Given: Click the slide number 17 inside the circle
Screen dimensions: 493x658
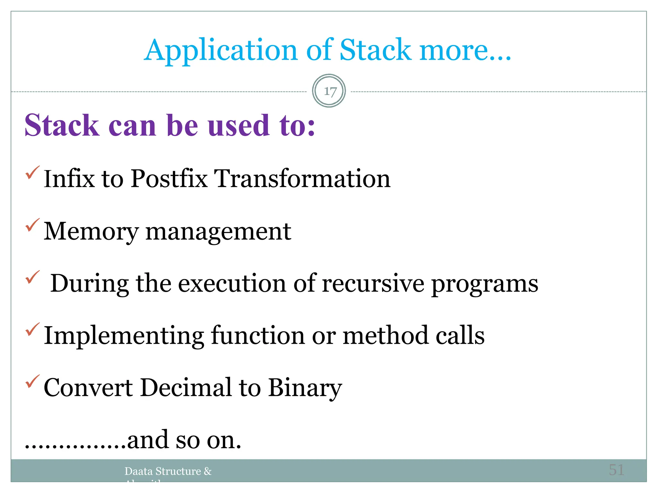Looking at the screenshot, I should coord(330,91).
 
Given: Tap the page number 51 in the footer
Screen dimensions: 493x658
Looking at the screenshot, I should coord(616,470).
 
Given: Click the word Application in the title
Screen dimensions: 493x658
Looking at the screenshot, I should coord(220,50).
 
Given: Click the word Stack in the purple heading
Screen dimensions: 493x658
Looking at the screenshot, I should coord(62,125).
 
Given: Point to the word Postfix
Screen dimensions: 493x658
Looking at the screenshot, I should coord(169,178).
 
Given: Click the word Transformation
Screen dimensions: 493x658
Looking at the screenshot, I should coord(302,178).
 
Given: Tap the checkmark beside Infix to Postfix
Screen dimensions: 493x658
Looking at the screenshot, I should coord(32,172).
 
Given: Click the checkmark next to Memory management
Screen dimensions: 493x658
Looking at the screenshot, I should coord(32,225).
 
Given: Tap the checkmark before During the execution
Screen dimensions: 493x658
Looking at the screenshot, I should coord(32,277).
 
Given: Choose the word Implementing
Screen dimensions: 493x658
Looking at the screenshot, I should coord(124,336).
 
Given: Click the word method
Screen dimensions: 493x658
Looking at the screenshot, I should coord(385,335).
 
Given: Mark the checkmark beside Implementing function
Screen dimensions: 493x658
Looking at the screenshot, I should coord(32,329).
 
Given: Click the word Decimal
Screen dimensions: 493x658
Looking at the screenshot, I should coord(186,387).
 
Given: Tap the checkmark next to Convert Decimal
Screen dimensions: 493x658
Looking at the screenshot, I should coord(32,381).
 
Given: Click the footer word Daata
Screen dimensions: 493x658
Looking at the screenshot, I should coord(138,471).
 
